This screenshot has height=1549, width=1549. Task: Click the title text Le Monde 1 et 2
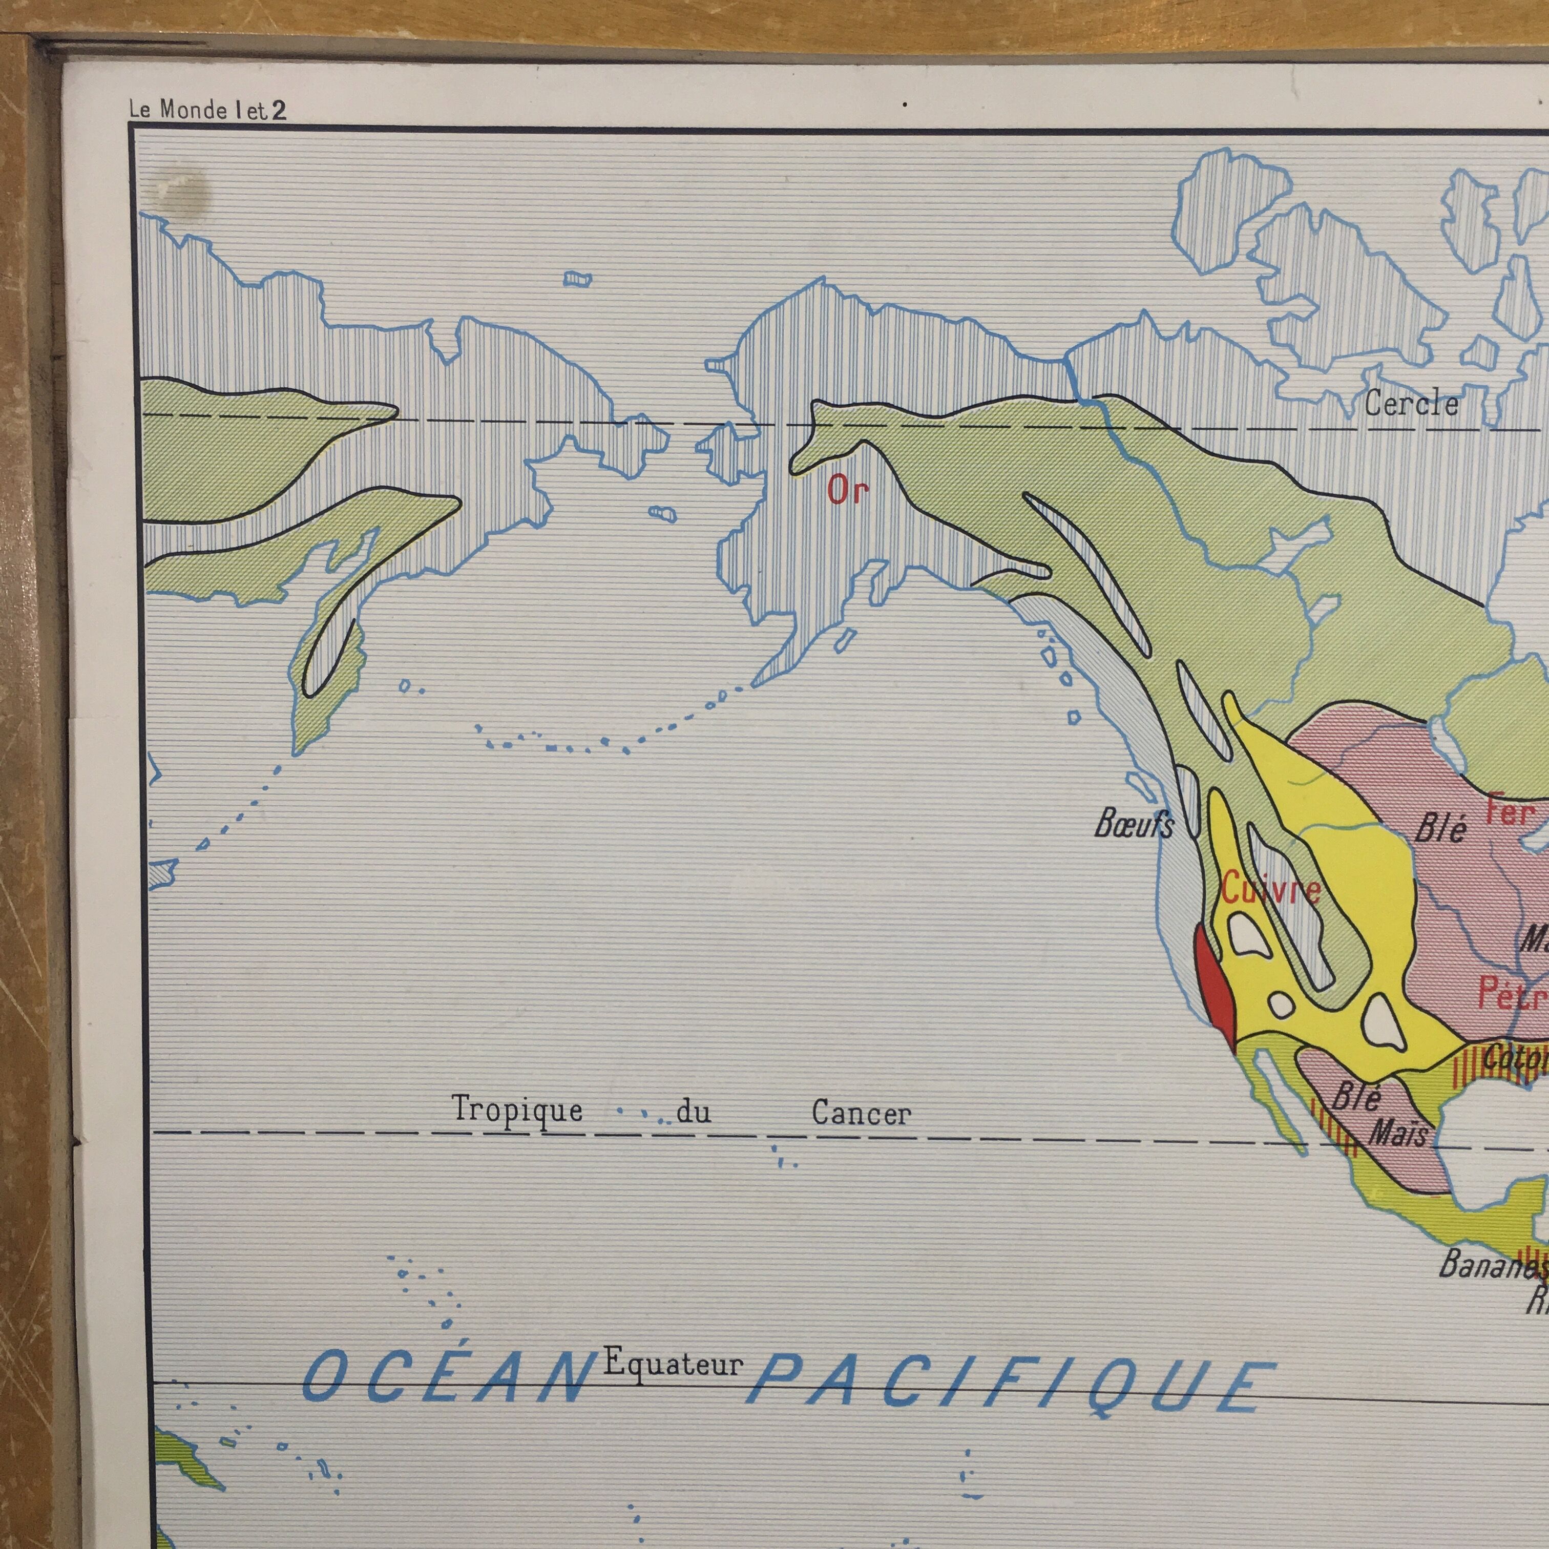pos(207,110)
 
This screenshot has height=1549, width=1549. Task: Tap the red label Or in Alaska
pos(847,490)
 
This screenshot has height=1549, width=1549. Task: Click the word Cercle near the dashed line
pos(1411,403)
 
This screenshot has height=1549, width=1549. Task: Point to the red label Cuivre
pos(1271,889)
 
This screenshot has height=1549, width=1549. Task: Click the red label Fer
pos(1510,812)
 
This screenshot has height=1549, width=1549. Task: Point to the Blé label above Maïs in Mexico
pos(1356,1097)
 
